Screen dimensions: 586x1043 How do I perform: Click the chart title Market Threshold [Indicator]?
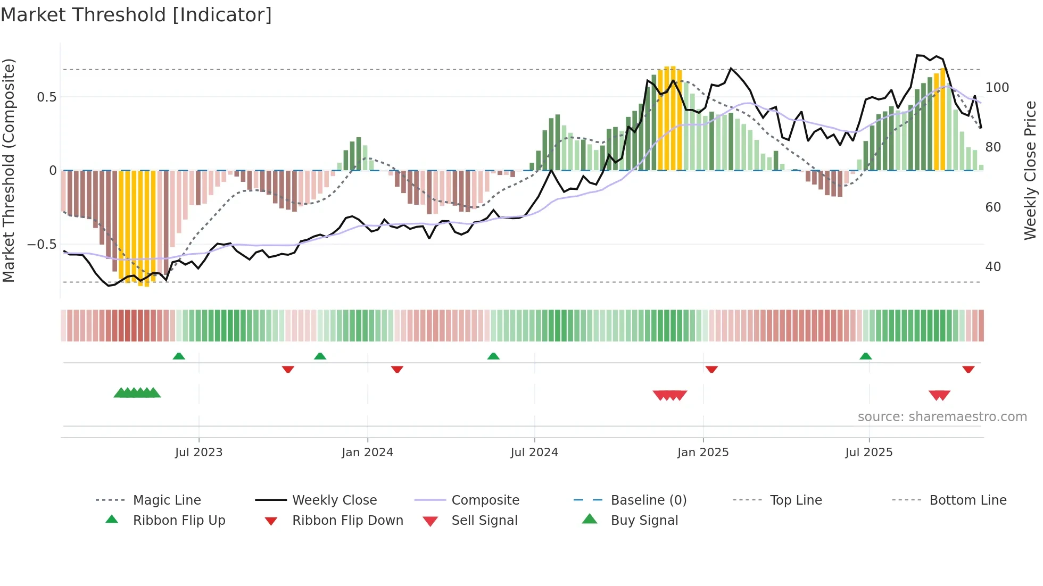tap(136, 15)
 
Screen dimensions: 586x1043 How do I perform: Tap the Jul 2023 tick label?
tap(198, 453)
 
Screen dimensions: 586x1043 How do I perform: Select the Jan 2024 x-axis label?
tap(367, 453)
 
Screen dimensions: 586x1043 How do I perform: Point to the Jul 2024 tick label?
tap(534, 453)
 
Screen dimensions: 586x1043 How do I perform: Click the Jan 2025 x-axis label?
tap(703, 453)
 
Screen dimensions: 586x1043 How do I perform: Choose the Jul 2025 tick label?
tap(869, 453)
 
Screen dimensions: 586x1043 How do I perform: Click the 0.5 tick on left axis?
tap(47, 97)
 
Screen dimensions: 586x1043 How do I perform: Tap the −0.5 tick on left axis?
tap(42, 245)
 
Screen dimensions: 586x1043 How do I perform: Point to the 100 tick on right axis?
tap(997, 88)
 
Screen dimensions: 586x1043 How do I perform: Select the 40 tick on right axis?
tap(993, 267)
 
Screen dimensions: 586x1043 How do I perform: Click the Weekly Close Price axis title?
tap(1030, 170)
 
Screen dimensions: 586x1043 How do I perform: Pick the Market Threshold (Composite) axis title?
tap(9, 170)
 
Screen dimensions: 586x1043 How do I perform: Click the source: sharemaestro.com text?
tap(942, 417)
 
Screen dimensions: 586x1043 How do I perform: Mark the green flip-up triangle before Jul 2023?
tap(179, 356)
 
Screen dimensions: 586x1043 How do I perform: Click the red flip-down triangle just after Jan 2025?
tap(711, 369)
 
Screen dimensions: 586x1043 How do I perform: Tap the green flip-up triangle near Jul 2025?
tap(865, 356)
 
